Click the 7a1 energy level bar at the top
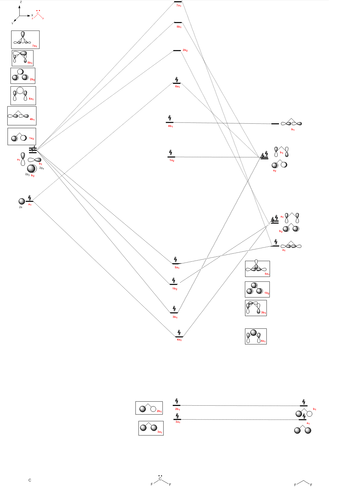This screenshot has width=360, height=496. coord(178,2)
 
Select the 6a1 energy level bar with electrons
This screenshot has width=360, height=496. coord(177,83)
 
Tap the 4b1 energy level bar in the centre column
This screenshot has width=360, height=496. coord(170,122)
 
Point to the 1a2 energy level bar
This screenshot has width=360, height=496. coord(171,157)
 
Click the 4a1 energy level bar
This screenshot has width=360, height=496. coord(179,337)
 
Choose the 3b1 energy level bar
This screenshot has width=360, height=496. coord(174,313)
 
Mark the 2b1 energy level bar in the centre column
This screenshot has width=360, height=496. coord(177,405)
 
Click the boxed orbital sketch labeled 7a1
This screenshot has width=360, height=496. coord(25,39)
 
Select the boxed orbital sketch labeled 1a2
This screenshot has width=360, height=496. coord(22,136)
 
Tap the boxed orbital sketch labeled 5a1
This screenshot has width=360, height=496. coord(257,269)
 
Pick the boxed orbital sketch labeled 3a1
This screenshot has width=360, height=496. coord(151,428)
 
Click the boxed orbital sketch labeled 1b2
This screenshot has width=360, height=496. coord(257,289)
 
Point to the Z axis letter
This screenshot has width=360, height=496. coord(21,2)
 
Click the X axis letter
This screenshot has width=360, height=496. coord(32,15)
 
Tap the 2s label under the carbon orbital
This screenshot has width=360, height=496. coord(21,207)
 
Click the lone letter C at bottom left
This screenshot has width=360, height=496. coord(30,480)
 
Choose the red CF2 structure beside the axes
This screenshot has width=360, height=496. coord(38,15)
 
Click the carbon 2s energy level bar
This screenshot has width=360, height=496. coord(29,201)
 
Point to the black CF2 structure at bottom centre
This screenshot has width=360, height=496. coord(161,481)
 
